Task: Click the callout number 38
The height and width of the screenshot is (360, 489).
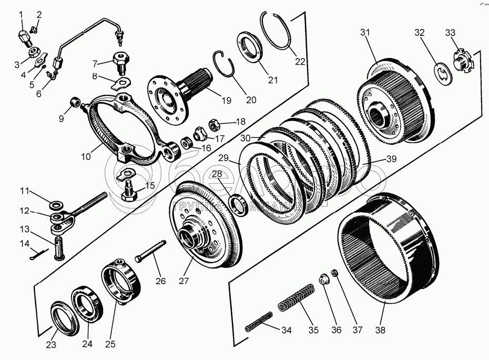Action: click(380, 331)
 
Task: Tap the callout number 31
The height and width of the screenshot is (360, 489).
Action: click(365, 33)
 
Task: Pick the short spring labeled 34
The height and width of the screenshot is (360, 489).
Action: click(259, 321)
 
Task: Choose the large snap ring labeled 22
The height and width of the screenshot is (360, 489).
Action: click(279, 31)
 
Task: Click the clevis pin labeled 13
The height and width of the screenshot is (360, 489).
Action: click(59, 247)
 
